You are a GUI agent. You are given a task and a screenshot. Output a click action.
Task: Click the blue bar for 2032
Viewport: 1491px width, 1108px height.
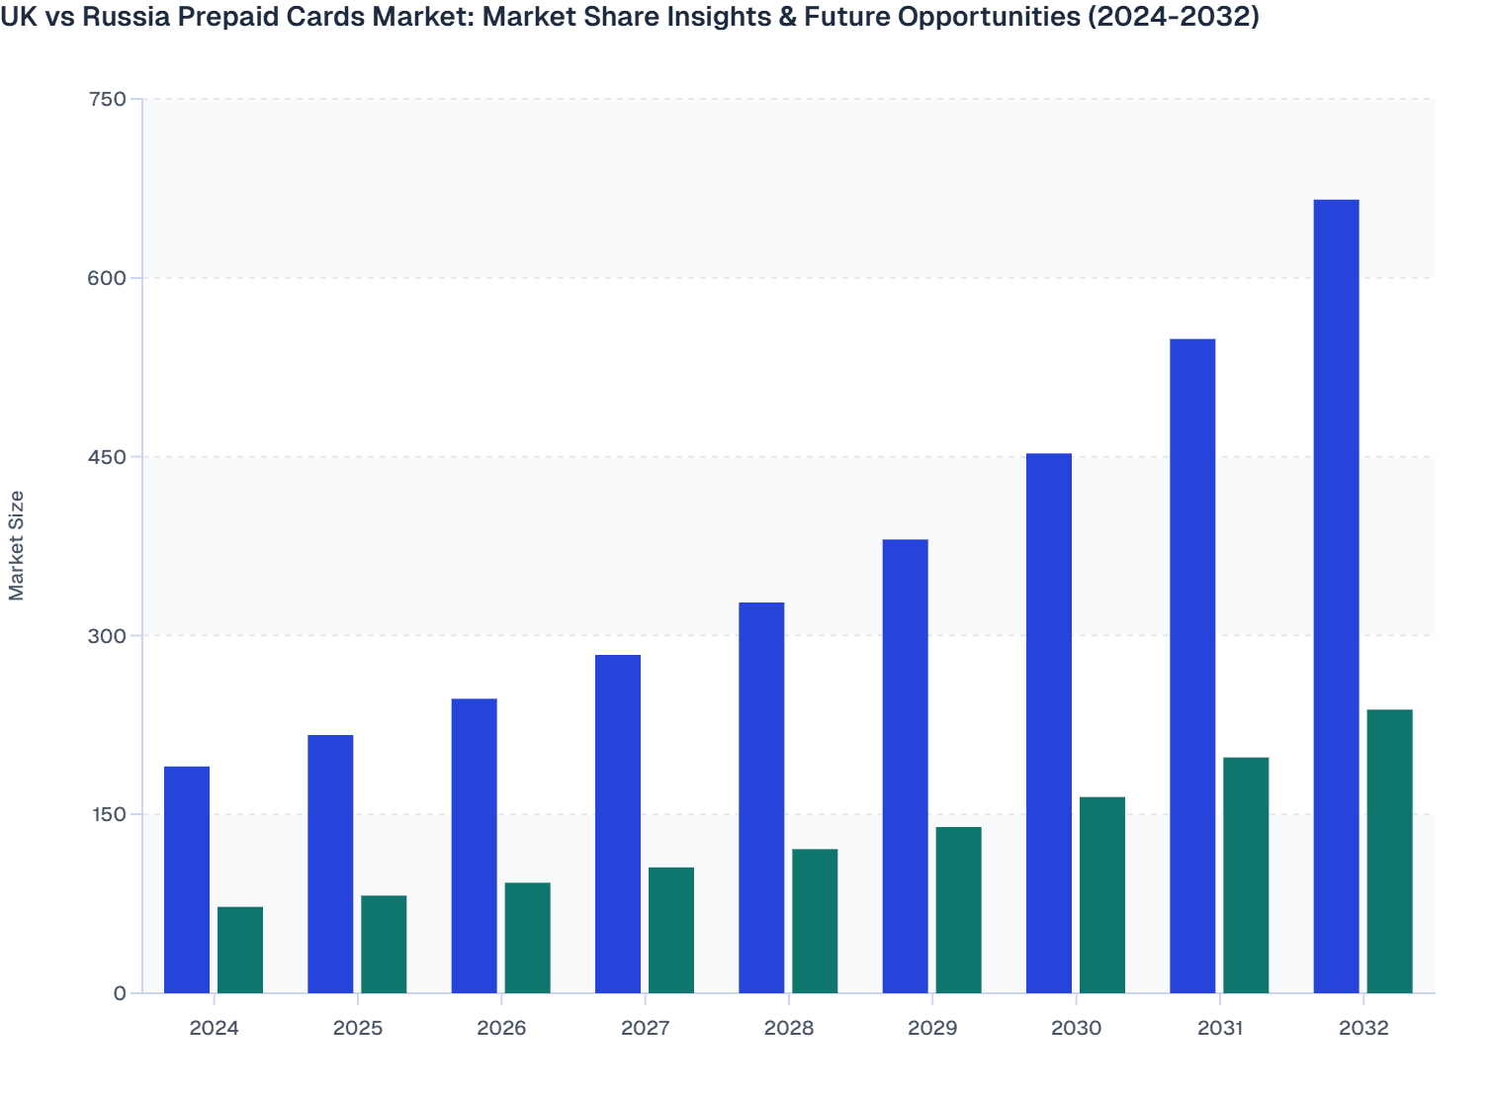click(x=1336, y=597)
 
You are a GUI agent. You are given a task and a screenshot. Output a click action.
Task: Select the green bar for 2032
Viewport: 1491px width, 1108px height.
click(x=1389, y=852)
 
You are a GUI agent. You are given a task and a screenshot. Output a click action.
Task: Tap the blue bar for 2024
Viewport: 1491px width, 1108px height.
click(x=187, y=879)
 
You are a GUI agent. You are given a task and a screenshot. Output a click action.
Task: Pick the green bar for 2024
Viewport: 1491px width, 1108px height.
click(x=240, y=950)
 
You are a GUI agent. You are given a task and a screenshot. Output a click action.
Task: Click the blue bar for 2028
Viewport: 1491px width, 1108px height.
click(x=761, y=797)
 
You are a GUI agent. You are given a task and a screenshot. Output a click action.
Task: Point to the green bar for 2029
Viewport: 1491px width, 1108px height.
click(x=959, y=910)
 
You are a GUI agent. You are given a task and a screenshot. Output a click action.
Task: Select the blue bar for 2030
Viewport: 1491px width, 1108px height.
click(x=1049, y=723)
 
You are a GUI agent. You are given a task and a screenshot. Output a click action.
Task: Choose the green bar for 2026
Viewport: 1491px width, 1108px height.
click(x=528, y=938)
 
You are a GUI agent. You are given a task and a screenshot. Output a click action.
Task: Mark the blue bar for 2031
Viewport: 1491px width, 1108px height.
click(x=1192, y=666)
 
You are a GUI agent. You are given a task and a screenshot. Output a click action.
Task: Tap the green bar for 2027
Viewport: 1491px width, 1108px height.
click(x=671, y=930)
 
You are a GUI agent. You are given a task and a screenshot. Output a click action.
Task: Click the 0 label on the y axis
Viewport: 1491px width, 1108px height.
click(x=120, y=993)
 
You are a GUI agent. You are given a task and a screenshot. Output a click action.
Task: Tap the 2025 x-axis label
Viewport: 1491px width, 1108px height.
click(x=358, y=1028)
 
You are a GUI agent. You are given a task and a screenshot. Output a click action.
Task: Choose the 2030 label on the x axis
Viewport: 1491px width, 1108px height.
click(x=1076, y=1028)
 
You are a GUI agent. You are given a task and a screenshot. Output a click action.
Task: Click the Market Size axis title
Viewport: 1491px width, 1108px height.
click(x=17, y=545)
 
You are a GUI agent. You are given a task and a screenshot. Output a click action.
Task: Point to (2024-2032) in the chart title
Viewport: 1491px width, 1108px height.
click(x=1173, y=17)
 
